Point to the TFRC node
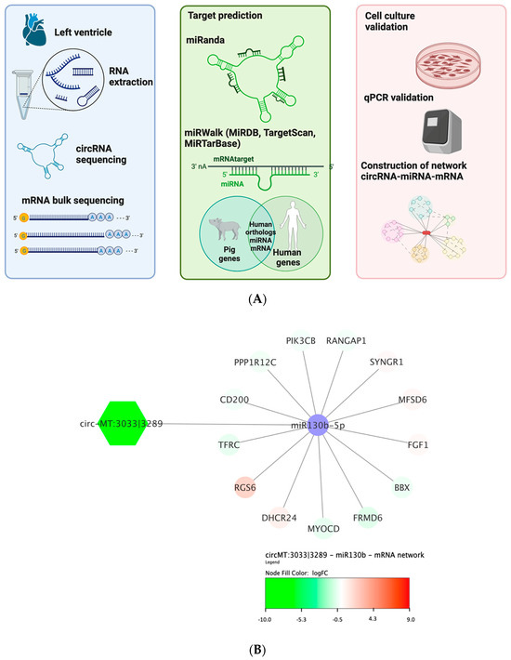pyautogui.click(x=229, y=446)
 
